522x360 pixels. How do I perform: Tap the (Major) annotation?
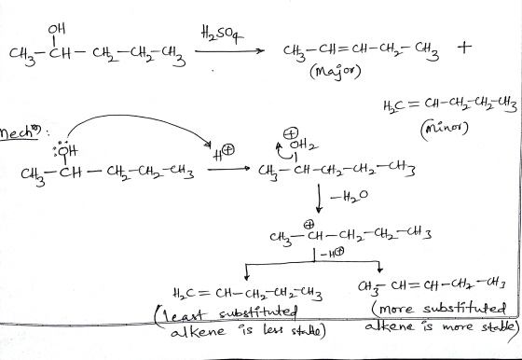[x=336, y=72]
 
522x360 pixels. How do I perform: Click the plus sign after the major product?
[x=465, y=48]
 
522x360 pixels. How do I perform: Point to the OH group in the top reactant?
[x=56, y=29]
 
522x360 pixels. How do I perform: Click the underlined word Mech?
[x=20, y=133]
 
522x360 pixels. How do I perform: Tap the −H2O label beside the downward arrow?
[x=349, y=197]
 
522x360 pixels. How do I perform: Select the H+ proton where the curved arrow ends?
[x=225, y=153]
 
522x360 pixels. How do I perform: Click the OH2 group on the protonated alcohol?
[x=304, y=145]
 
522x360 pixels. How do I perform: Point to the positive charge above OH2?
[x=291, y=134]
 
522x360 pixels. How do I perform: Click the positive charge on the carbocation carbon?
[x=309, y=225]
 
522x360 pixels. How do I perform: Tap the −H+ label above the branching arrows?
[x=332, y=254]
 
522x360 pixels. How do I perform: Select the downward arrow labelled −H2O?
[x=319, y=199]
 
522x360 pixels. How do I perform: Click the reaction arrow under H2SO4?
[x=229, y=51]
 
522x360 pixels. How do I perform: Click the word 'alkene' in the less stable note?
[x=198, y=331]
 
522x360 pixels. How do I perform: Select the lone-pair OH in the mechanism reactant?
[x=65, y=150]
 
